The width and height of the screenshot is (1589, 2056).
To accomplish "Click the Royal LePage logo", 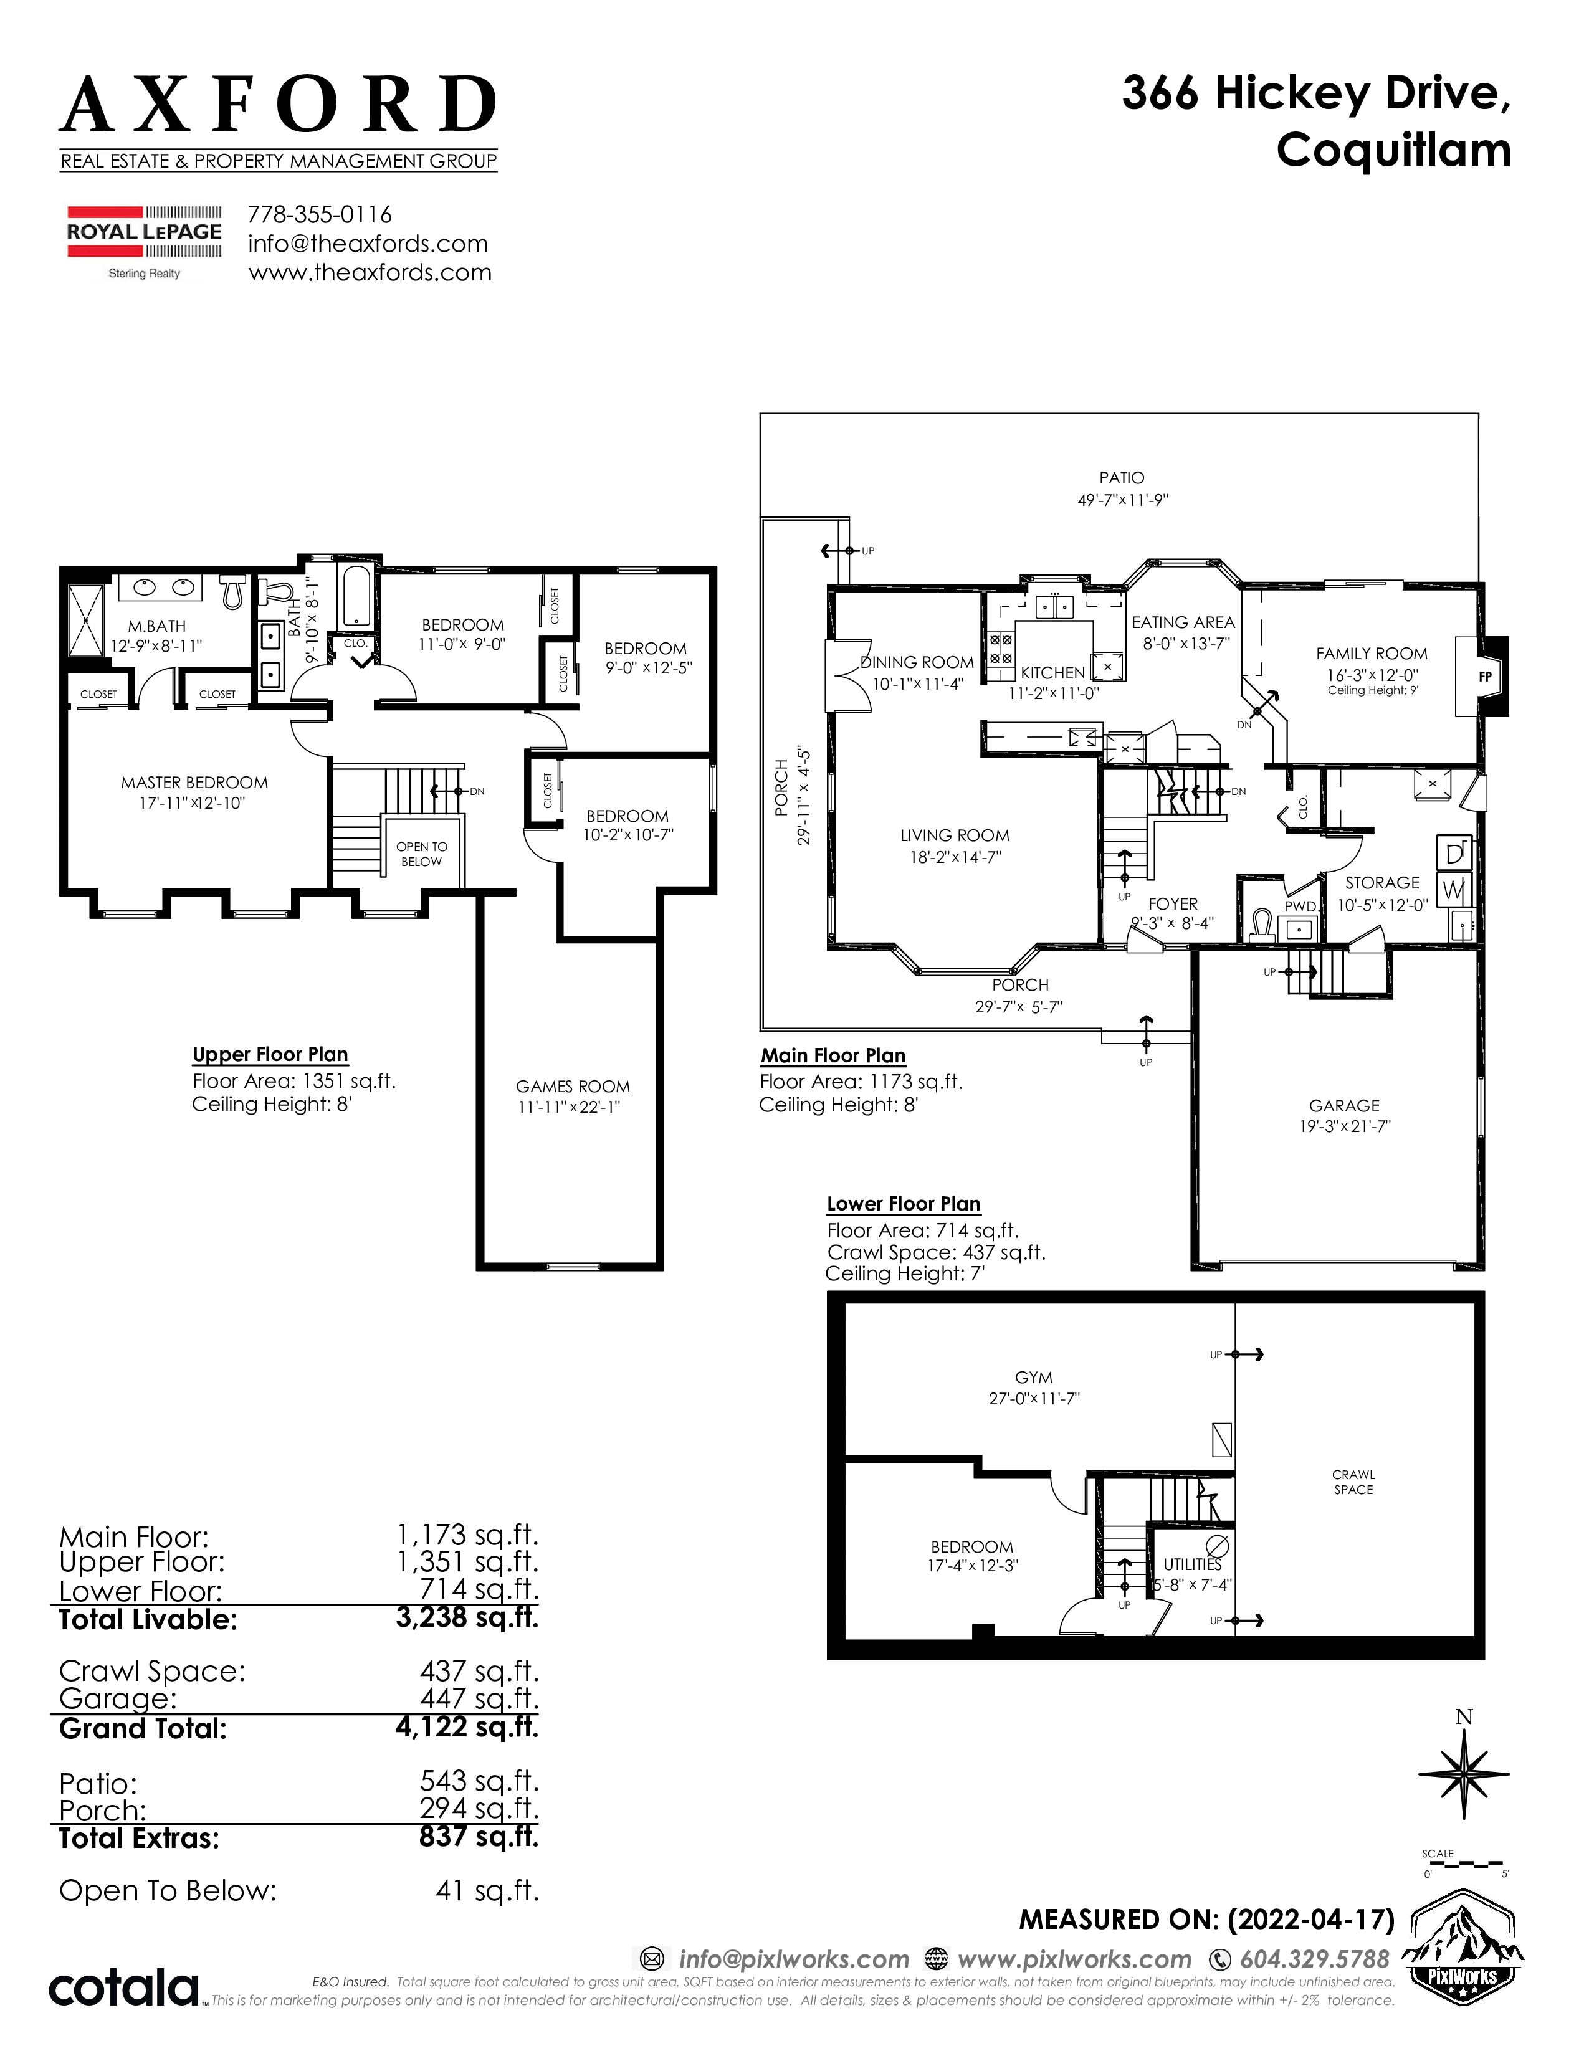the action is pos(144,242).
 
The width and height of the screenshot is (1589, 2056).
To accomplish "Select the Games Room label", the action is pos(572,1087).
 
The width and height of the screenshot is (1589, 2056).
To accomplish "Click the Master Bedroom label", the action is pos(194,783).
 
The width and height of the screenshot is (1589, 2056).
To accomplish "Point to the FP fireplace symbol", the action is pos(1486,676).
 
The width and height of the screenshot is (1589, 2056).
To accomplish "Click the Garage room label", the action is pos(1344,1105).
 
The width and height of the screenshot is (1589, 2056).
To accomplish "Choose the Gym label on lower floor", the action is pos(1034,1378).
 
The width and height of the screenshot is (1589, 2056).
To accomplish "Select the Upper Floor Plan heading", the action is pos(270,1054).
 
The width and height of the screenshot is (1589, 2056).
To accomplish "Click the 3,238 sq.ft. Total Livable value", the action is pos(467,1617).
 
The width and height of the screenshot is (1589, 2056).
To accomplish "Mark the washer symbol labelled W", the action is pos(1453,888).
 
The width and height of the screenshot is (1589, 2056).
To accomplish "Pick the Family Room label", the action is pos(1372,654).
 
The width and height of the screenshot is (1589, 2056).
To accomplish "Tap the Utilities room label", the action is pos(1193,1564).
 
